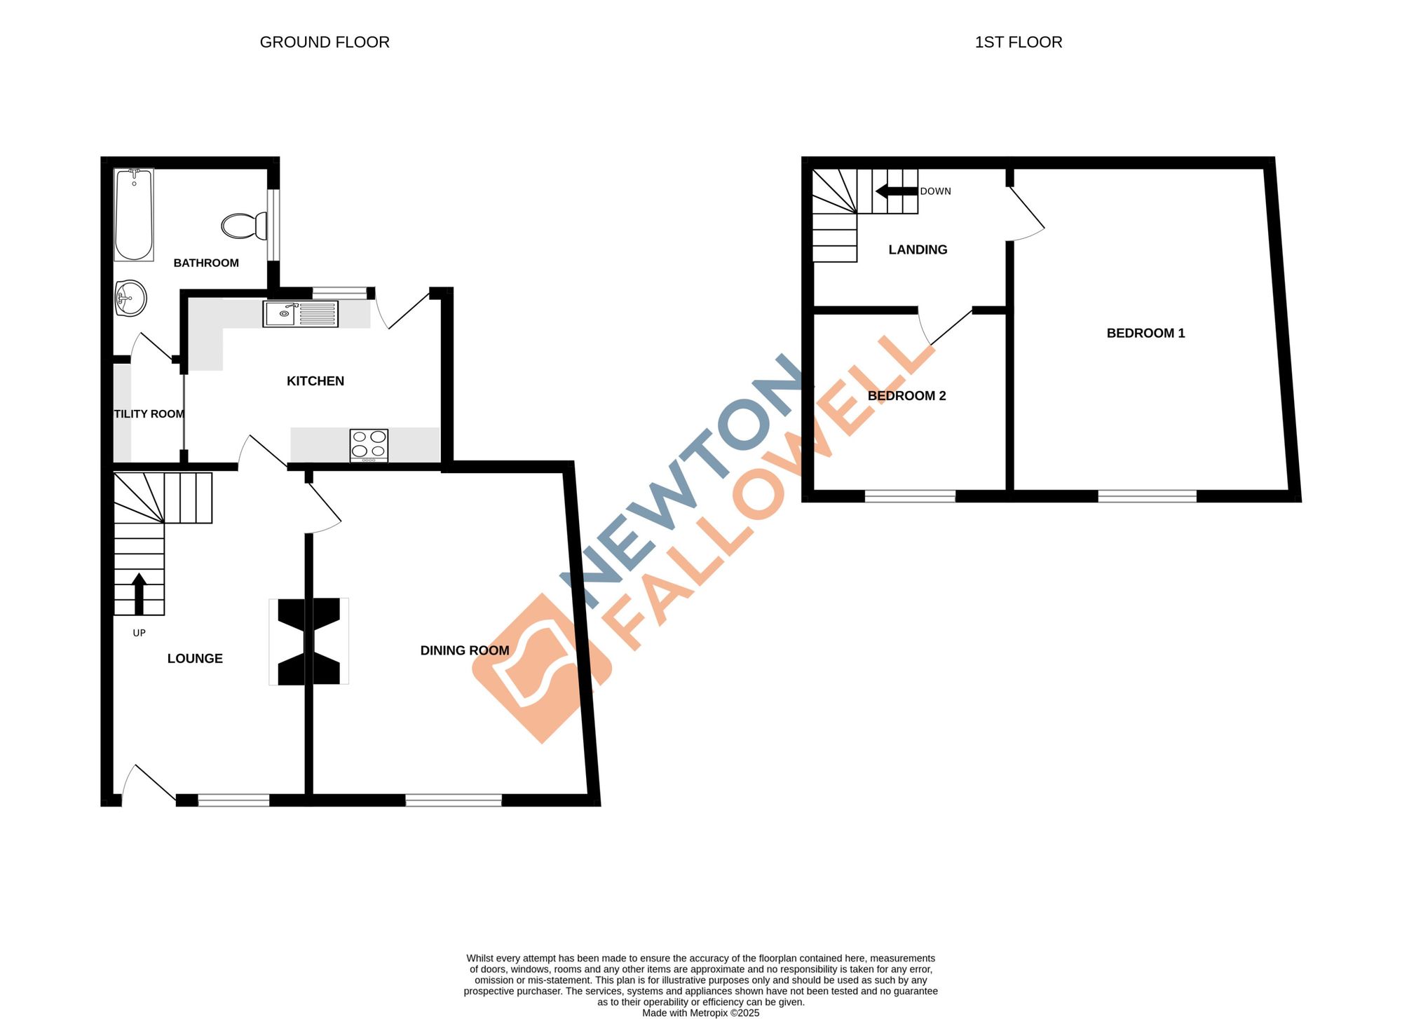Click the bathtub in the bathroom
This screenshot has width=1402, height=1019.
pos(134,214)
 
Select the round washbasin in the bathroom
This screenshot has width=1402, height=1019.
pos(131,299)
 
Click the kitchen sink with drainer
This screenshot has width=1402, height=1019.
pos(300,314)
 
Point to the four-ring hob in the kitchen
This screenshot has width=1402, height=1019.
pos(369,444)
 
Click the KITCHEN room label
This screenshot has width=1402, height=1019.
pos(315,381)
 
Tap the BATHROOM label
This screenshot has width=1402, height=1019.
pos(206,263)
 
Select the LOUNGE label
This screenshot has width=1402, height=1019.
pos(195,659)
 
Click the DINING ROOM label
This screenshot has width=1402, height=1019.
pos(465,650)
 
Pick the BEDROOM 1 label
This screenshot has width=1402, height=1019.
pos(1145,334)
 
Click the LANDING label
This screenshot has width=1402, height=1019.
pos(918,250)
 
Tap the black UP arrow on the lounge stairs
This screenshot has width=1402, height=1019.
pos(139,593)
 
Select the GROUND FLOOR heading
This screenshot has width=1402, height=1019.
pos(325,42)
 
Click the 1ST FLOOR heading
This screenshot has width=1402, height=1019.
pos(1018,42)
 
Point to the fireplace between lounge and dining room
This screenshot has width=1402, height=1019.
pos(308,641)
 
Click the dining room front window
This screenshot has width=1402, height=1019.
pos(454,800)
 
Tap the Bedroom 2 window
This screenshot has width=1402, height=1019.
pos(910,496)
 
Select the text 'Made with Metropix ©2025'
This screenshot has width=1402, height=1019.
pos(700,1013)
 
